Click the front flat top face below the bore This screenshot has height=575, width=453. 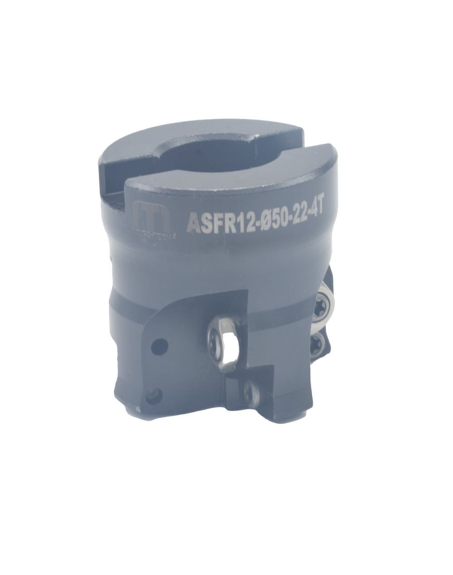coord(217,190)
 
